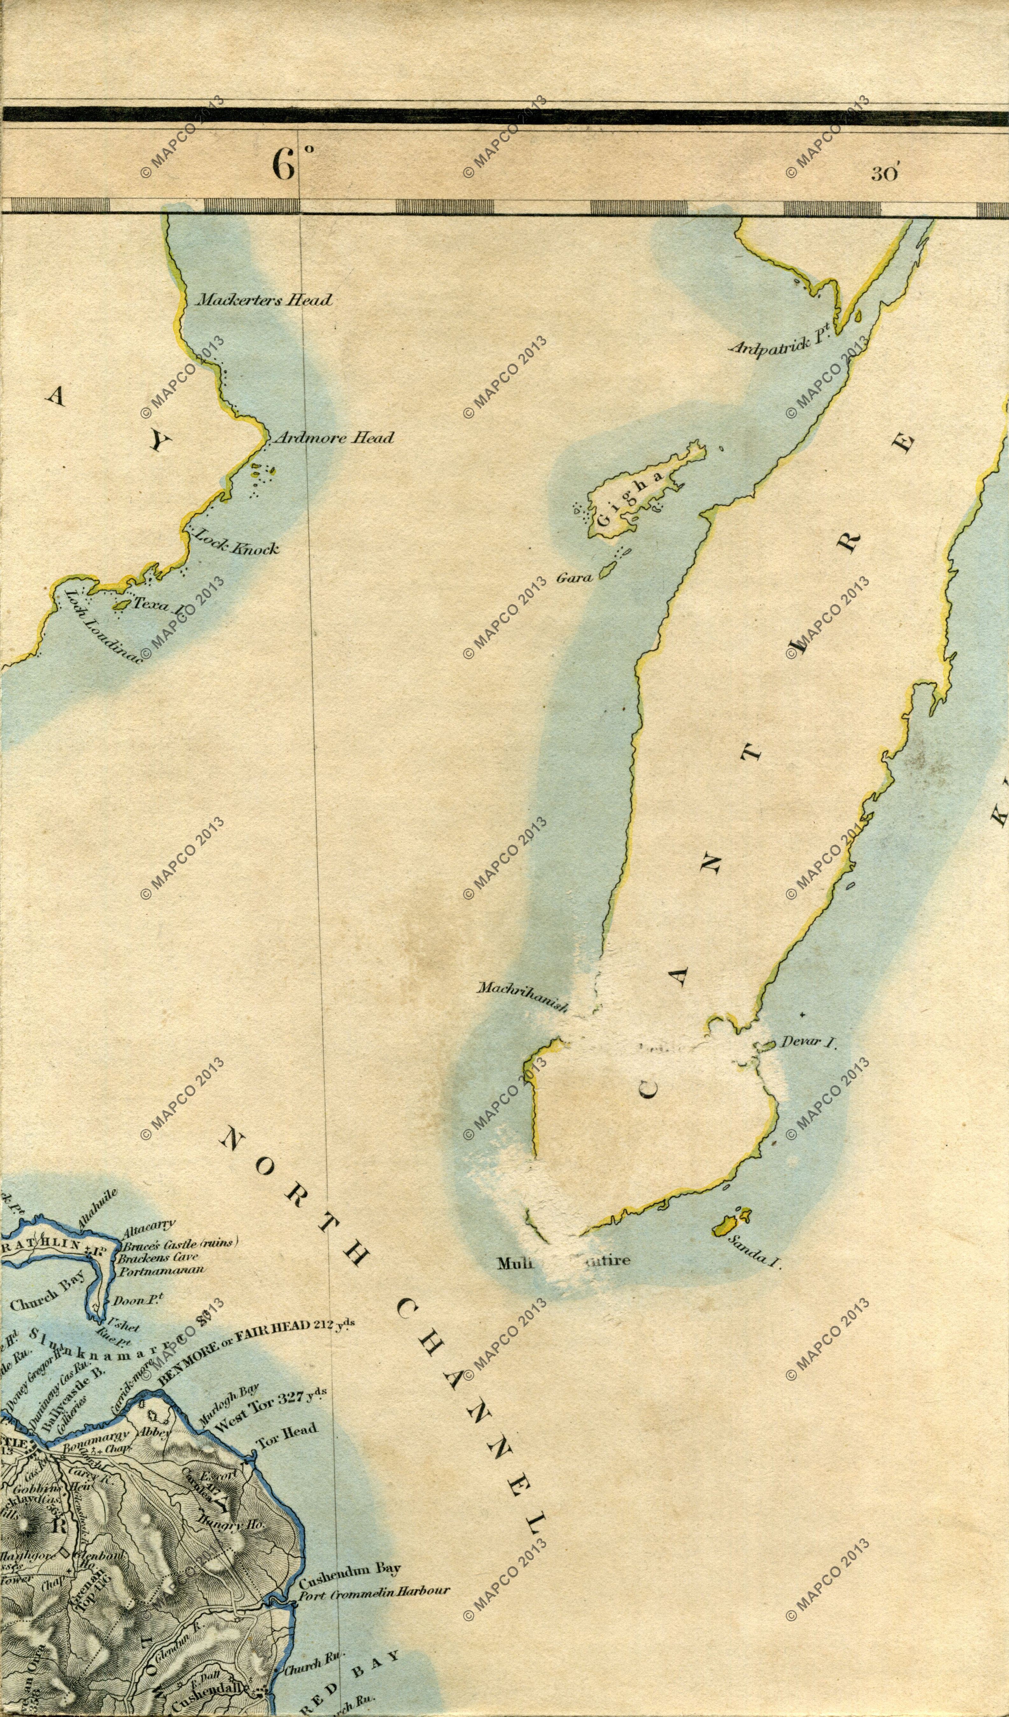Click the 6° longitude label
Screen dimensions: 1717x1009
[291, 164]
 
